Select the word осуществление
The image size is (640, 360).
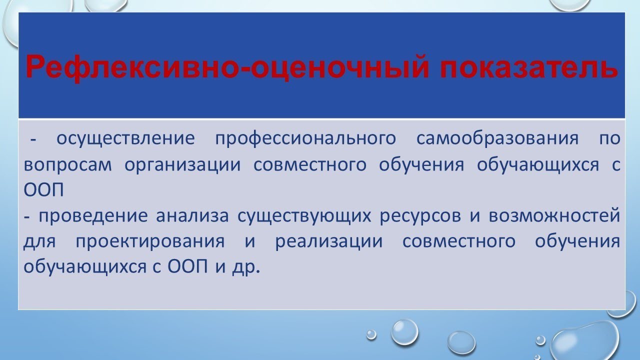pyautogui.click(x=125, y=138)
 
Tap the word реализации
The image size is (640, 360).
pyautogui.click(x=328, y=242)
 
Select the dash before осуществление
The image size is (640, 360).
pyautogui.click(x=34, y=140)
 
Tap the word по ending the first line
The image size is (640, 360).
pyautogui.click(x=609, y=138)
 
